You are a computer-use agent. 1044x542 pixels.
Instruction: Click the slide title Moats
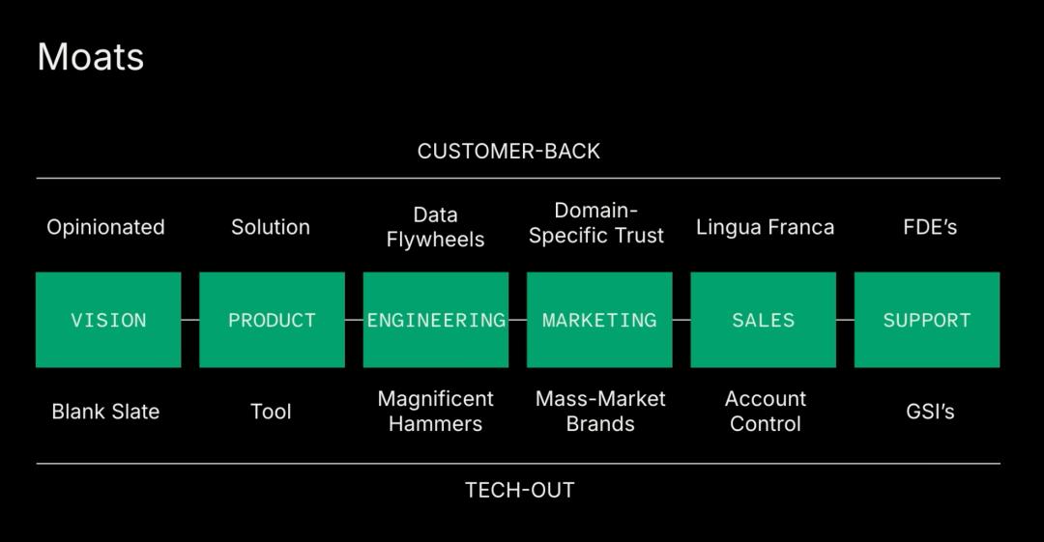coord(91,57)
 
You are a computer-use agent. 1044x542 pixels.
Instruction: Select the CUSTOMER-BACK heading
coord(508,151)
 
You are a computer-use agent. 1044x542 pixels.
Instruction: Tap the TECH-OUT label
coord(519,490)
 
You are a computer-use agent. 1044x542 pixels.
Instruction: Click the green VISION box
coord(108,320)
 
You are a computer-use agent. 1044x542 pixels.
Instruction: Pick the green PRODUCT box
coord(273,320)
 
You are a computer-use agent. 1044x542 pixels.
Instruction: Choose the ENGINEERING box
coord(436,320)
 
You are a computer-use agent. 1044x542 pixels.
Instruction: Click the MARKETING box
coord(600,320)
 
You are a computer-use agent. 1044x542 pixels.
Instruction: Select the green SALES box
coord(764,320)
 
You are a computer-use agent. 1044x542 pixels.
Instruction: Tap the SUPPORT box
coord(927,320)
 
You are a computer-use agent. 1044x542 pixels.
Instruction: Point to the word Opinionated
coord(106,228)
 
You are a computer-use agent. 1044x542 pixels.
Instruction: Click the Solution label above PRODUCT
coord(271,227)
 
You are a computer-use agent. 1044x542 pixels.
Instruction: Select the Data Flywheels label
coord(435,227)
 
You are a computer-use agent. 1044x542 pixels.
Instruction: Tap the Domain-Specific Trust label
coord(596,223)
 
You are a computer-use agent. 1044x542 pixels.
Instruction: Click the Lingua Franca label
coord(765,228)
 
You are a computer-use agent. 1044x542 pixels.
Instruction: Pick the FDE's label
coord(930,227)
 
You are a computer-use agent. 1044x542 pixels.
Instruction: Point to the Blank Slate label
coord(106,412)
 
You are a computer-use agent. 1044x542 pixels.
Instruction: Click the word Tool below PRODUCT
coord(271,412)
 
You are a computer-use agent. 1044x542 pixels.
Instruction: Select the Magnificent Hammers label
coord(435,411)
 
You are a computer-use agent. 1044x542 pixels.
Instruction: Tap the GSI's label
coord(930,412)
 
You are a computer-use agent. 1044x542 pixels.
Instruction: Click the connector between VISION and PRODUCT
coord(190,320)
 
